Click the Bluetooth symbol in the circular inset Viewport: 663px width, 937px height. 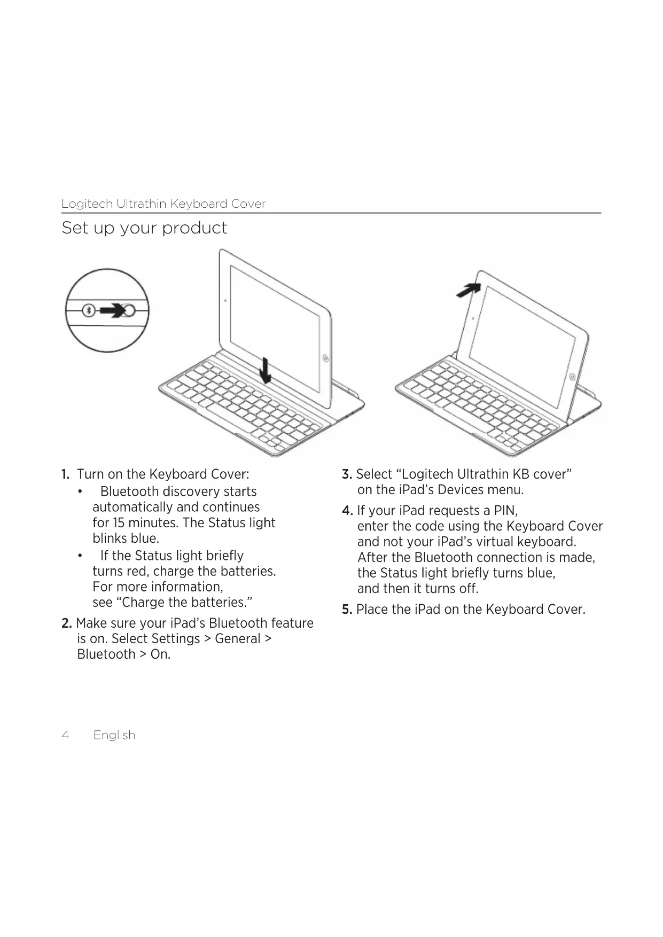90,310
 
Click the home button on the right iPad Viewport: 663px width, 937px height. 572,377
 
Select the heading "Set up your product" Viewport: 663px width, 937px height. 144,228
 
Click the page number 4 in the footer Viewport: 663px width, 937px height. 65,735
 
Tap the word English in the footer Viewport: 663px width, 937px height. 114,735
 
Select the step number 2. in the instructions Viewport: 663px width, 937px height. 66,623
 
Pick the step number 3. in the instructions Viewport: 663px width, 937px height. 347,474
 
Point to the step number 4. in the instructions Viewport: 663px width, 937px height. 347,511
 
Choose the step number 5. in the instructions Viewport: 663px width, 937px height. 347,610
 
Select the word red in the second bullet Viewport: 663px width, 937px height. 137,572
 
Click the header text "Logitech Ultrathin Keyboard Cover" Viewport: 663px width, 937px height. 163,204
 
